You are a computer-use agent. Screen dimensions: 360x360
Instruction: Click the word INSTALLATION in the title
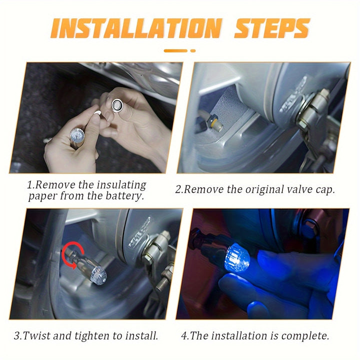coord(136,28)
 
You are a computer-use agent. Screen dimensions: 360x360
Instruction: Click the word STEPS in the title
coord(272,28)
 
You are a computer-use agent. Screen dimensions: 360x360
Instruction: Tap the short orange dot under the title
coord(193,50)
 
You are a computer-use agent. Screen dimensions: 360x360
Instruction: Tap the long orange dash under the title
coord(176,50)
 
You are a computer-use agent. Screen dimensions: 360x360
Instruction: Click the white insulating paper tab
coord(97,112)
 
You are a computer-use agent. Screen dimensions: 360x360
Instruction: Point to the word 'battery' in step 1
coord(125,196)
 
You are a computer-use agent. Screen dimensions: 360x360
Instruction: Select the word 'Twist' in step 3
coord(36,335)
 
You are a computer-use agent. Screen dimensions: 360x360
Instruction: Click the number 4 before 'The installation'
coord(184,336)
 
